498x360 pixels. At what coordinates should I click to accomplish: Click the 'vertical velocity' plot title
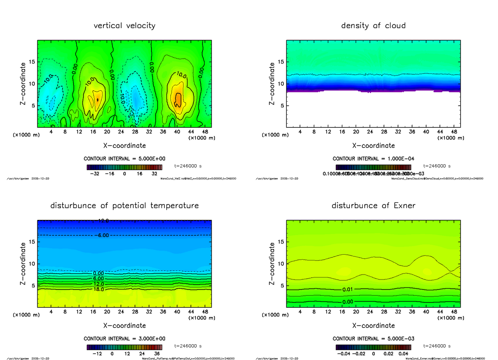point(124,26)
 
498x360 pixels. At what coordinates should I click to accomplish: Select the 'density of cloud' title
point(373,26)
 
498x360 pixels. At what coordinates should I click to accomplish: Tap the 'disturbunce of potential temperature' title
point(124,206)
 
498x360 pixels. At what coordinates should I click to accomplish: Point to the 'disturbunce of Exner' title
point(373,206)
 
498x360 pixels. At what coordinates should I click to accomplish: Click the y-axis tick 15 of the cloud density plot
point(281,62)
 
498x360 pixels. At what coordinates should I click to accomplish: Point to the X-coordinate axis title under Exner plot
point(373,326)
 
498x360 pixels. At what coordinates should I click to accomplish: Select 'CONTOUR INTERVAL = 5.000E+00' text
point(124,159)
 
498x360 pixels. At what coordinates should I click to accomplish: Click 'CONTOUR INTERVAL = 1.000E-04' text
point(373,159)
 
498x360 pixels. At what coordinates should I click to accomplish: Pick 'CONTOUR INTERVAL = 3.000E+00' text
point(124,338)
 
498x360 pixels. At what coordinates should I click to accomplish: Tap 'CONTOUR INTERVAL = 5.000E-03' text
point(373,338)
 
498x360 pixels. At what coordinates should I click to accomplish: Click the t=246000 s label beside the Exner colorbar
point(437,346)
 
